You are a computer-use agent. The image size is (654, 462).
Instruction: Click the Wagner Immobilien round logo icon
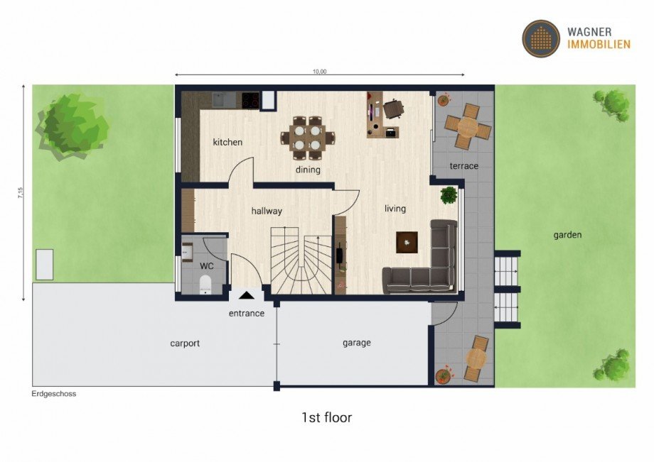tap(541, 38)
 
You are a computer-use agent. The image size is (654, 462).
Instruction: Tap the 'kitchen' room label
tap(227, 142)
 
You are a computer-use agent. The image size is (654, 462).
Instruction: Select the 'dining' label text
tap(309, 170)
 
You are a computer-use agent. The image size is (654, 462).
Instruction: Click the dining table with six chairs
tap(309, 137)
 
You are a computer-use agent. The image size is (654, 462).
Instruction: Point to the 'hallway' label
tap(267, 211)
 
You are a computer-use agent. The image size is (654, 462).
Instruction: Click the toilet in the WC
tap(205, 285)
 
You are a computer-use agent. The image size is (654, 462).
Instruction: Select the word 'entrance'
tap(247, 313)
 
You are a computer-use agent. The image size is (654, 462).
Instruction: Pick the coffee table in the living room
tap(407, 243)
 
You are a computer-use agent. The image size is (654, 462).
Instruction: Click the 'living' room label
tap(395, 209)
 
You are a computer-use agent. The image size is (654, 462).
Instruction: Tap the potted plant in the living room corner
tap(448, 194)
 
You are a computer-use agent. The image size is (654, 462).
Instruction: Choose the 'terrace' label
tap(463, 166)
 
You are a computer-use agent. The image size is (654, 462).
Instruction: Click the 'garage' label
tap(357, 343)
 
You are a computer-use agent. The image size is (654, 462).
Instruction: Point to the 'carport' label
tap(185, 343)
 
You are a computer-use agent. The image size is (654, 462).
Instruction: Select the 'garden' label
tap(568, 235)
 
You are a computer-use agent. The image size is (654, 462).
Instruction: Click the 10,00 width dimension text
tap(319, 71)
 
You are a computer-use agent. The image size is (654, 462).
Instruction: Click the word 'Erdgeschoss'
tap(53, 394)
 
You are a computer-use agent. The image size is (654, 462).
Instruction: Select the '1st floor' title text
tap(326, 417)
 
